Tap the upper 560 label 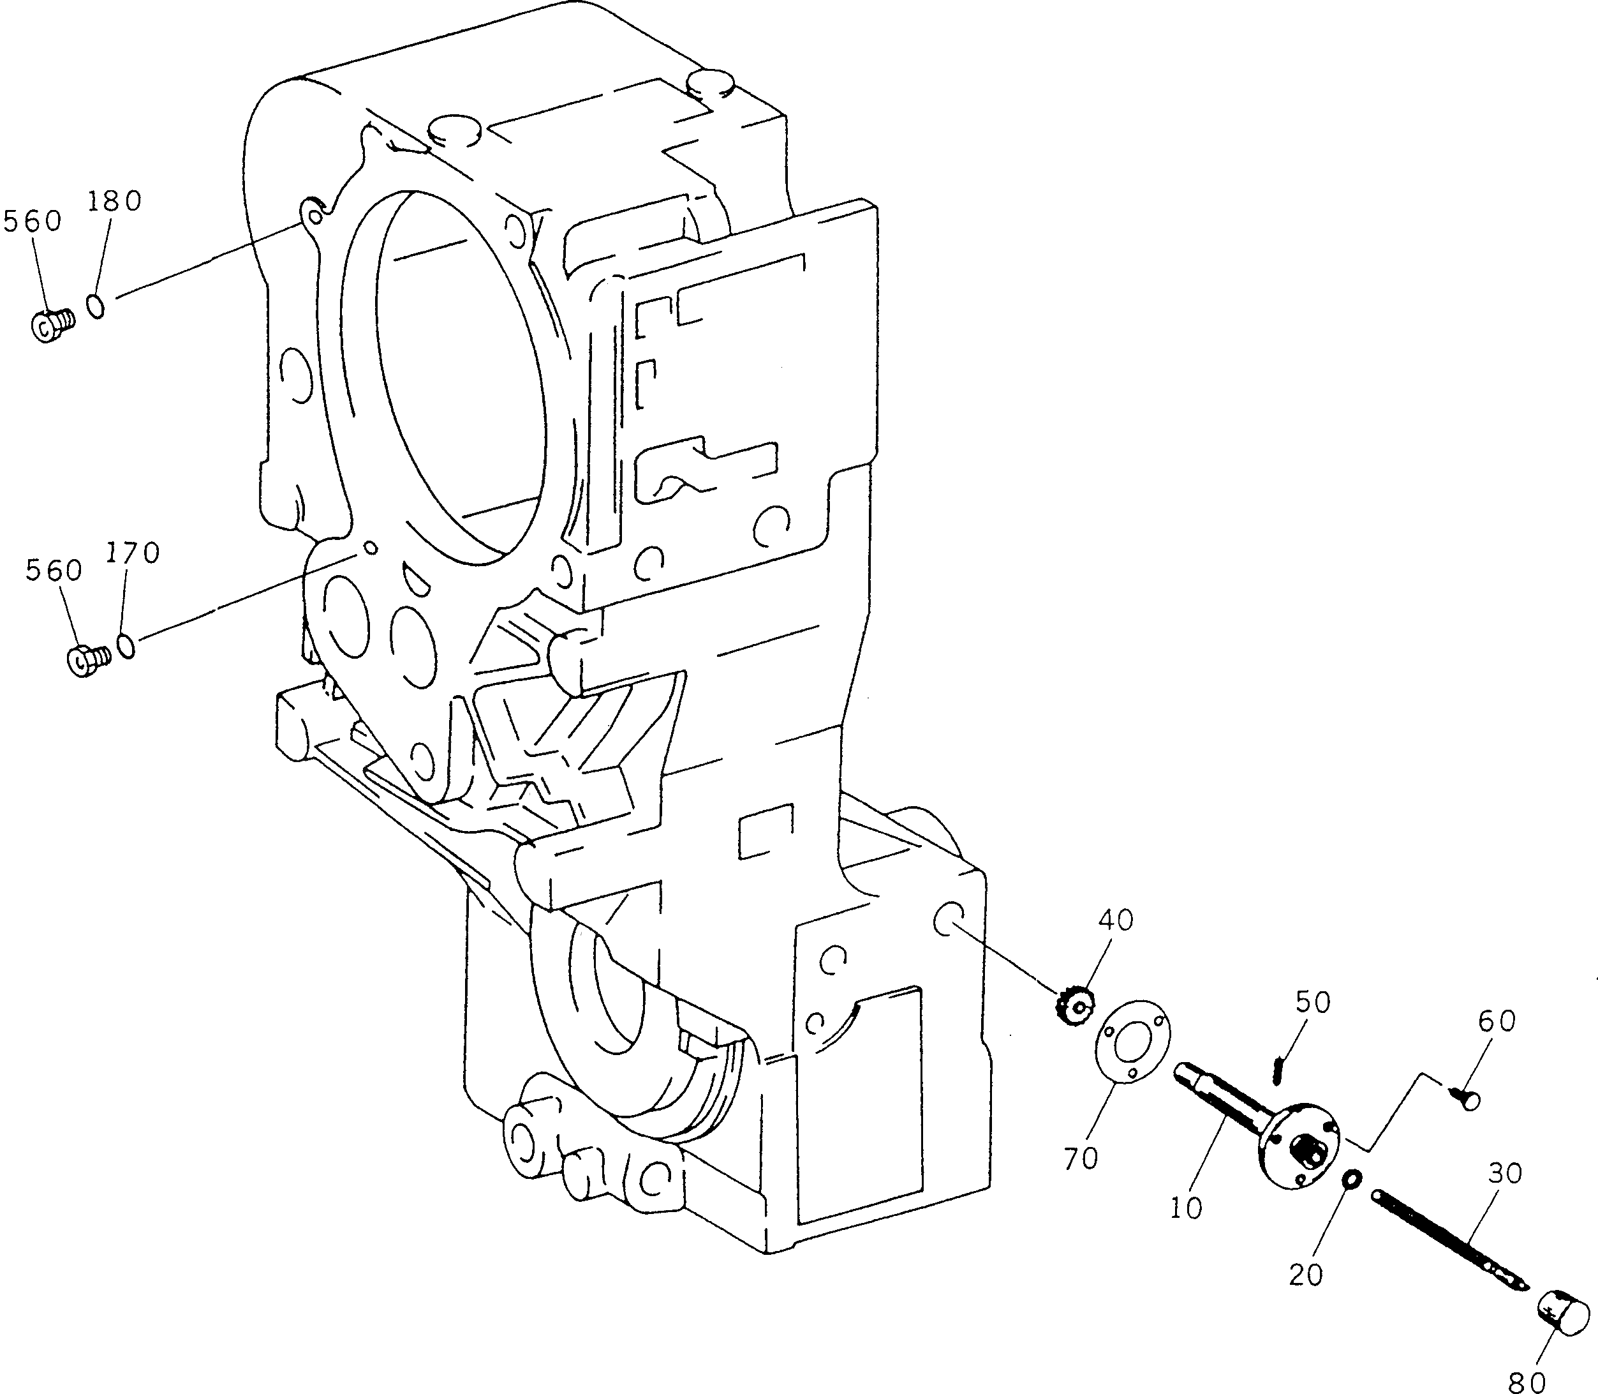point(33,221)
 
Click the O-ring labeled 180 point(96,306)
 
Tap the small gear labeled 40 point(1074,1008)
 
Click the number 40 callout point(1116,920)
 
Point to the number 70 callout point(1081,1158)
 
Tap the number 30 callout point(1505,1173)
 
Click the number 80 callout point(1526,1381)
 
